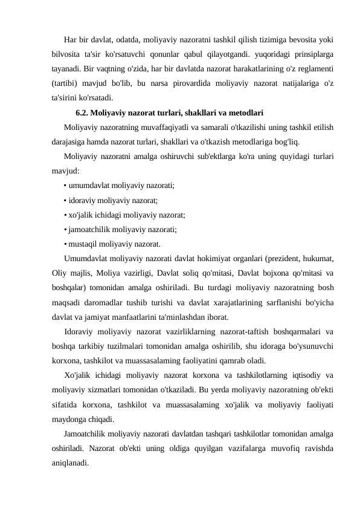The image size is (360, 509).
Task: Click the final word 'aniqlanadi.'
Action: (70, 462)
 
